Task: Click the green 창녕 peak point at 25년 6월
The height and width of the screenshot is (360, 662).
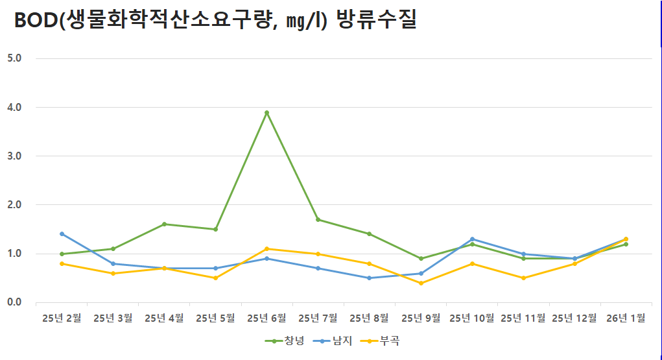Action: pos(266,113)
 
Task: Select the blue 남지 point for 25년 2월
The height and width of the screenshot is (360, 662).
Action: pos(62,234)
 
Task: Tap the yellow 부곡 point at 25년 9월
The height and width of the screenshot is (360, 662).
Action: pos(421,283)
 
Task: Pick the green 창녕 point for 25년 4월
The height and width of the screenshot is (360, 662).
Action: pos(164,224)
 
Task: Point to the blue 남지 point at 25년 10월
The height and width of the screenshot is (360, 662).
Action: pos(472,239)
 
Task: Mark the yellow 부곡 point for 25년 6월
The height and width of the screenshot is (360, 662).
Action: pos(266,249)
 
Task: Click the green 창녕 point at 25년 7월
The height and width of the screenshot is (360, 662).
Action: pos(318,220)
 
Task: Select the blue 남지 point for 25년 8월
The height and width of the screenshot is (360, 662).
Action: pos(369,278)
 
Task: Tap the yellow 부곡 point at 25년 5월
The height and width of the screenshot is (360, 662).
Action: pos(215,278)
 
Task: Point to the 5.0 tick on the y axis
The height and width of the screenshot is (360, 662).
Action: pos(14,58)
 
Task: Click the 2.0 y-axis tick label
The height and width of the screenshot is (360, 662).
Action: pos(14,205)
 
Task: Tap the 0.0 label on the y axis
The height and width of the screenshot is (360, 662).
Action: pos(14,302)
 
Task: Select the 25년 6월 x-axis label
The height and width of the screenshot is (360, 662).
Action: pos(266,318)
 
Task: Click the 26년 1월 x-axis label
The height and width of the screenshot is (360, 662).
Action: pos(626,318)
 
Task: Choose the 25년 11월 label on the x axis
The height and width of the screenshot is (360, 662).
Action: pos(523,318)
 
